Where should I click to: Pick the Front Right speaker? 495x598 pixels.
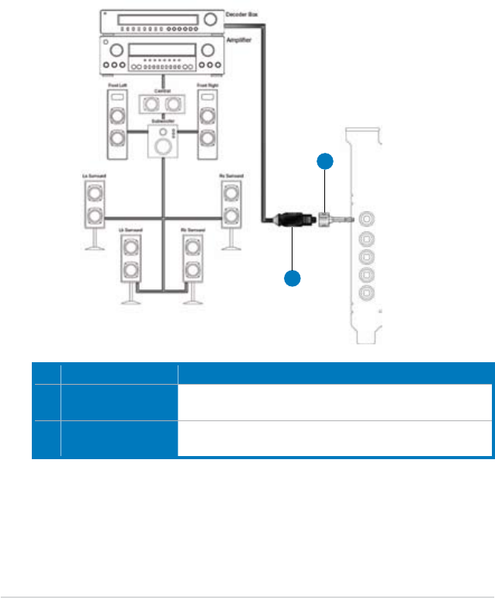click(x=207, y=124)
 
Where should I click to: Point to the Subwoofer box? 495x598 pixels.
click(x=163, y=140)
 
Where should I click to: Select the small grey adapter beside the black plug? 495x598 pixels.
click(x=327, y=219)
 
